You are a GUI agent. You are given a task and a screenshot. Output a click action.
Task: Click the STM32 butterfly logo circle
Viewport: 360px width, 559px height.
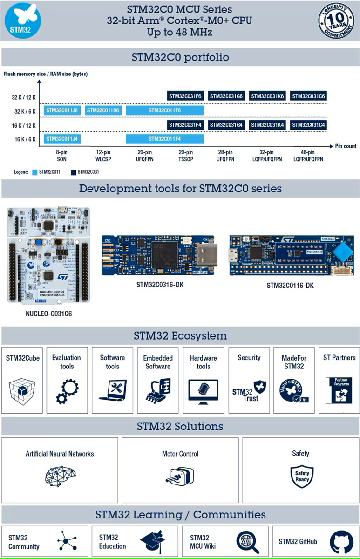[22, 21]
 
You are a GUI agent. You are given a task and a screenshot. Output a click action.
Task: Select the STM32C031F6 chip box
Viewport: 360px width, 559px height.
[185, 96]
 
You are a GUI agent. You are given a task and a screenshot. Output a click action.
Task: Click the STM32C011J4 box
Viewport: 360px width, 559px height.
[61, 139]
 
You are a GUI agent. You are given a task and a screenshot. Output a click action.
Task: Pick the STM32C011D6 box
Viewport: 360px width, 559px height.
[103, 110]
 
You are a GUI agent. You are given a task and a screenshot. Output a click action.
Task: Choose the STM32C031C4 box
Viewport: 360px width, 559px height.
[308, 125]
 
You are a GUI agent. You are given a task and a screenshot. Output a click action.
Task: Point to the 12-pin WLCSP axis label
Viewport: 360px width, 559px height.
[103, 156]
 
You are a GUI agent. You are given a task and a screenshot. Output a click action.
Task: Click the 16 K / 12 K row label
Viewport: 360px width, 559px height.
[24, 125]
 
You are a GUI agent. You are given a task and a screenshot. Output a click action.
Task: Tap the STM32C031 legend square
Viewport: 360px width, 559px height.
[74, 172]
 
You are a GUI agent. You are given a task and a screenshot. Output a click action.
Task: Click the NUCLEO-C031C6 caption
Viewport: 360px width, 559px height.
[48, 314]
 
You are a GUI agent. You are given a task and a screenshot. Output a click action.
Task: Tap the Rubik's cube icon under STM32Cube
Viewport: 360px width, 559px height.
[22, 391]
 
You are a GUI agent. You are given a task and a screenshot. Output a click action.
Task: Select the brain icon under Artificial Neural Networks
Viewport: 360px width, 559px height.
[60, 476]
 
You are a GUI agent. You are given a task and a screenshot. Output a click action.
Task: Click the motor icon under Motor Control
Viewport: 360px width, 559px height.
[179, 476]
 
